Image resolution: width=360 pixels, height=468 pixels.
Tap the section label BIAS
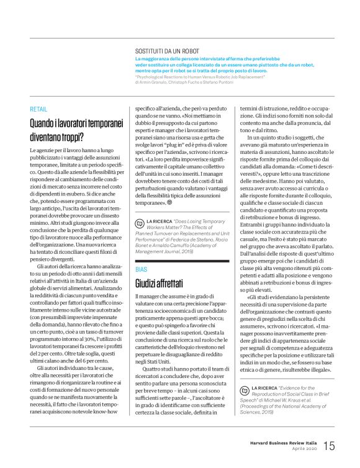[x=142, y=271]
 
